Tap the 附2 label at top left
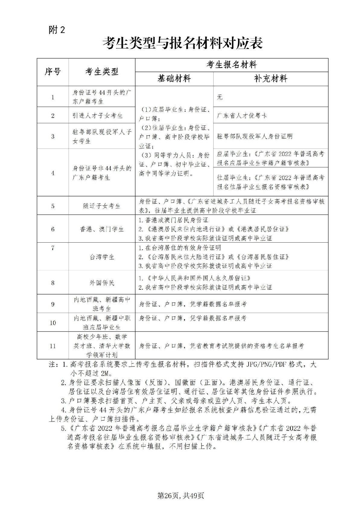[57, 30]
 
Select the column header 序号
[53, 72]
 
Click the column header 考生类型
[102, 72]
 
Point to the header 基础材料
[174, 79]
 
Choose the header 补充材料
[271, 79]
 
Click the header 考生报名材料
[231, 65]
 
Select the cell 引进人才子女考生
[98, 115]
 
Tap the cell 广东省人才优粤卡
[242, 115]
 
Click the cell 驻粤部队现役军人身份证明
[255, 136]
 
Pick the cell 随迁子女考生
[102, 206]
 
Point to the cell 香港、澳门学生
[102, 229]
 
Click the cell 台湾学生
[102, 257]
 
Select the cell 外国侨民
[102, 283]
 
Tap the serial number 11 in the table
[53, 346]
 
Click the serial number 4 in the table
[53, 173]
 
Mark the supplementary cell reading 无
[220, 97]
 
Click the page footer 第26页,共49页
[181, 496]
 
